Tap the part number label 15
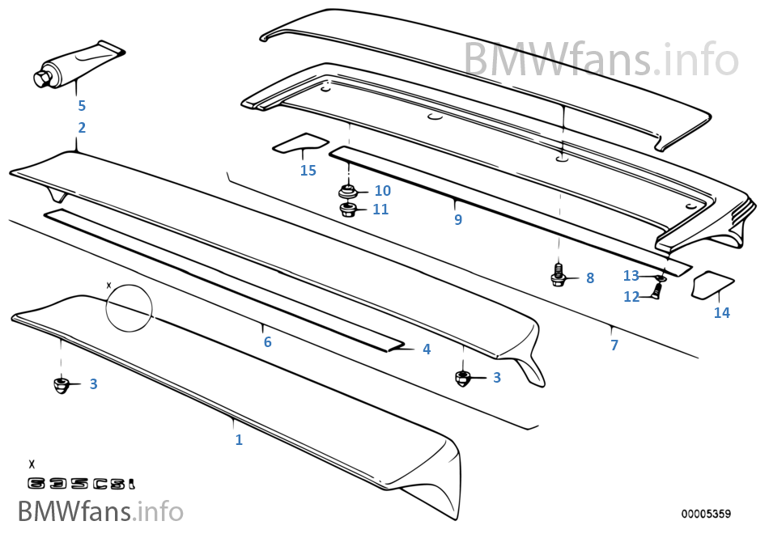pyautogui.click(x=308, y=171)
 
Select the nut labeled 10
pyautogui.click(x=347, y=191)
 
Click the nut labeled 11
pyautogui.click(x=347, y=210)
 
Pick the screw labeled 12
pyautogui.click(x=656, y=293)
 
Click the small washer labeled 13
pyautogui.click(x=661, y=277)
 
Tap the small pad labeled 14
pyautogui.click(x=712, y=285)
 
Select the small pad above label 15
pyautogui.click(x=300, y=143)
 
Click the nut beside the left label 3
pyautogui.click(x=62, y=384)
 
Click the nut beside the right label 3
pyautogui.click(x=463, y=378)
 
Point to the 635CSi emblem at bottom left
pyautogui.click(x=82, y=484)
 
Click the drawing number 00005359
pyautogui.click(x=706, y=514)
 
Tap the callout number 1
pyautogui.click(x=239, y=439)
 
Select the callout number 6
pyautogui.click(x=267, y=341)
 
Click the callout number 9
pyautogui.click(x=458, y=219)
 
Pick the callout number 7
pyautogui.click(x=614, y=345)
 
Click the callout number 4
pyautogui.click(x=427, y=349)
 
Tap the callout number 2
pyautogui.click(x=82, y=127)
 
